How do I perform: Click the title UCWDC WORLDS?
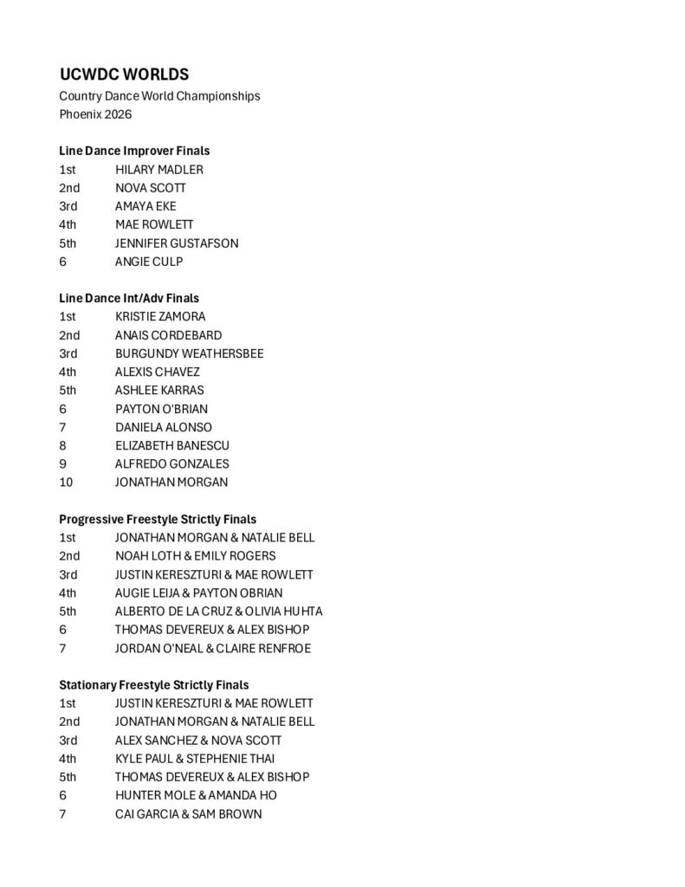click(124, 74)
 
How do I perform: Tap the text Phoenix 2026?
click(95, 113)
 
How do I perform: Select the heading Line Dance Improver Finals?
click(134, 151)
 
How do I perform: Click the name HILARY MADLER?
click(159, 170)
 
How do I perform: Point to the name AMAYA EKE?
click(145, 206)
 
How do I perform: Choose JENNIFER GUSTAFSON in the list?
click(177, 243)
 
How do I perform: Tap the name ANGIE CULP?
click(149, 262)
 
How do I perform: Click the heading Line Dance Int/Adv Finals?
click(129, 298)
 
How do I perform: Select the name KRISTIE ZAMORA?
click(160, 317)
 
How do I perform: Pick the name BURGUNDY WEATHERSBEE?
click(189, 353)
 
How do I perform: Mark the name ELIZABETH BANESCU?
click(172, 445)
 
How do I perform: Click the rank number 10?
click(66, 482)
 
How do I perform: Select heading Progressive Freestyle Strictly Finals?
click(158, 519)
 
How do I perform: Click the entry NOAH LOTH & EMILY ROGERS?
click(196, 556)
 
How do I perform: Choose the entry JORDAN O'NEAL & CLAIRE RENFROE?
click(212, 648)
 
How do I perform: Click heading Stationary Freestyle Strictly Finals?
click(153, 684)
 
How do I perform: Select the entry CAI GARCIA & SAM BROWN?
click(188, 814)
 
